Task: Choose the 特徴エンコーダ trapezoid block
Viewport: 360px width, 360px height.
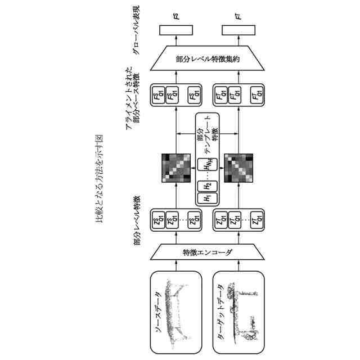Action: click(206, 253)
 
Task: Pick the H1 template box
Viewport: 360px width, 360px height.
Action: click(206, 197)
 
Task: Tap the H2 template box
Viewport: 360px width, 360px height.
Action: click(206, 185)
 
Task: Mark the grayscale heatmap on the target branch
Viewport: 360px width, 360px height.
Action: click(238, 167)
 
